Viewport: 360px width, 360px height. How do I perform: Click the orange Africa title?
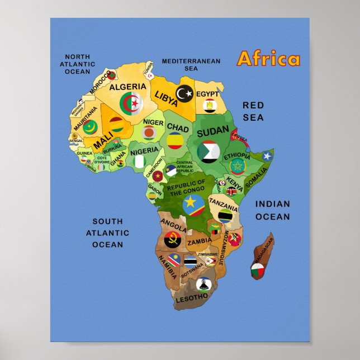click(x=268, y=59)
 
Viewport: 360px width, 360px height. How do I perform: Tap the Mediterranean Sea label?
click(x=191, y=64)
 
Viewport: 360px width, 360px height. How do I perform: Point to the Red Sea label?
click(x=253, y=111)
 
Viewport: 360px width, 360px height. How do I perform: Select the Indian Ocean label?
click(x=273, y=210)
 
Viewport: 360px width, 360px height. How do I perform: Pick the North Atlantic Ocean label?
click(x=77, y=64)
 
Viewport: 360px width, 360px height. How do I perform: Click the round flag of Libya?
click(x=184, y=93)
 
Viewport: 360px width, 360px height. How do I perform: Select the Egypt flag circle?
click(x=210, y=105)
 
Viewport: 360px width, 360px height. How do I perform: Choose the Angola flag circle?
click(x=172, y=240)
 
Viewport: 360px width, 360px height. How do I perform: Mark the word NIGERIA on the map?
click(x=144, y=151)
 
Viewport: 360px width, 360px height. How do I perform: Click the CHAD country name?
click(x=178, y=127)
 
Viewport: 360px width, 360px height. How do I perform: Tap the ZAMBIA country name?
click(x=200, y=242)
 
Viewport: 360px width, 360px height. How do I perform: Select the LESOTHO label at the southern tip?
click(x=192, y=299)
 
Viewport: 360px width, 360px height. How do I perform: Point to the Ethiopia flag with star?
click(x=238, y=166)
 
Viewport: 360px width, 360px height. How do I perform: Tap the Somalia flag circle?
click(x=267, y=156)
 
